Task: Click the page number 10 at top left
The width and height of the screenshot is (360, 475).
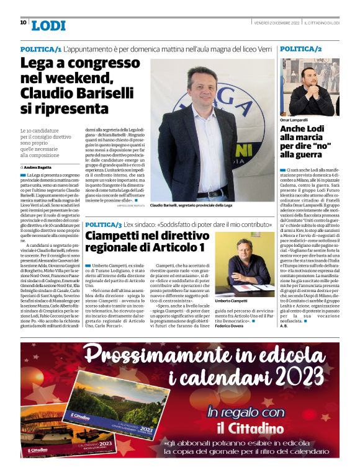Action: [x=24, y=22]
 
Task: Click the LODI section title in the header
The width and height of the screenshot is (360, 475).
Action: [x=48, y=25]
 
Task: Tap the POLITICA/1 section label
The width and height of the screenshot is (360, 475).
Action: [x=40, y=48]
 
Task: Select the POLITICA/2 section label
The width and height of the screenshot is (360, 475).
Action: [x=300, y=48]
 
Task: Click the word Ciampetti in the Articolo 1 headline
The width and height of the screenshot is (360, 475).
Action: [x=117, y=236]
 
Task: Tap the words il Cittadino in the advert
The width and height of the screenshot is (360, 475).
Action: [x=241, y=428]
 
